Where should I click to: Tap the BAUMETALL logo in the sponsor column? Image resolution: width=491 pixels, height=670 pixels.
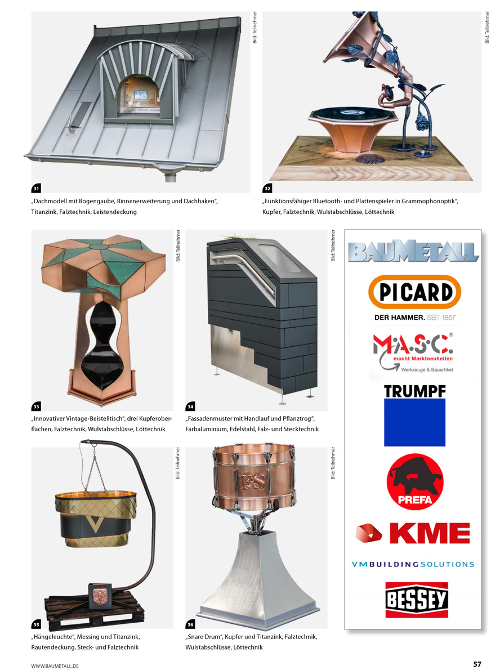coord(413,251)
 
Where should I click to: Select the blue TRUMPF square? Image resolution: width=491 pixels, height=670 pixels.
coord(414,422)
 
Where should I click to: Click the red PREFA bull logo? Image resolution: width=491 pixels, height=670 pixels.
coord(414,482)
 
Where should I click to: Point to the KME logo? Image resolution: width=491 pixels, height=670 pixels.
coord(413,533)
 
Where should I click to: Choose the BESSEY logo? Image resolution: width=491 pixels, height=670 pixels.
coord(417,600)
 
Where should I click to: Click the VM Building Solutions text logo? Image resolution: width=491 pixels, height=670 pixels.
coord(413,565)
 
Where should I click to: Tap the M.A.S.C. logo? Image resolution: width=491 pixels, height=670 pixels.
coord(413,352)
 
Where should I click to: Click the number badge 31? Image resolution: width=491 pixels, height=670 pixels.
coord(37,189)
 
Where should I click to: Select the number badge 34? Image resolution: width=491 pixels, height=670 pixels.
coord(190,407)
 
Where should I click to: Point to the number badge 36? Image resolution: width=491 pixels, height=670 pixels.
coord(190,624)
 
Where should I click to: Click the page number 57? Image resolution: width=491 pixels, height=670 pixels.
coord(477,664)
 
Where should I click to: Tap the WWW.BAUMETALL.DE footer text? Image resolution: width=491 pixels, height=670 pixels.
coord(55,665)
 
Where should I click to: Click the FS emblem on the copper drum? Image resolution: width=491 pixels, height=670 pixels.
coord(253,481)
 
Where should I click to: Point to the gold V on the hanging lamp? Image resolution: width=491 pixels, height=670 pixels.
coord(95,524)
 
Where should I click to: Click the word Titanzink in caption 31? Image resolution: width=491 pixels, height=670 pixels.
coord(44,212)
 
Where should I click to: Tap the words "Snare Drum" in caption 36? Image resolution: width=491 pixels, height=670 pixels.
coord(203,637)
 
